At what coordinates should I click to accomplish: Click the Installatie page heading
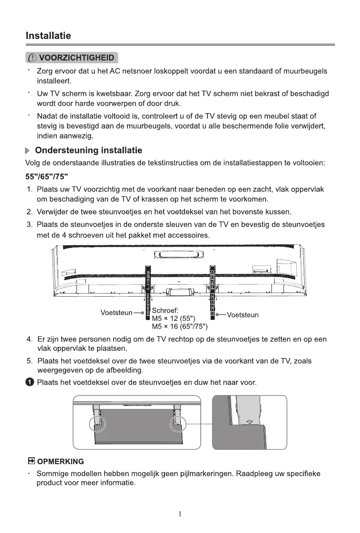tap(48, 35)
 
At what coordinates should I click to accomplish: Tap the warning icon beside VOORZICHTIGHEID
tap(33, 58)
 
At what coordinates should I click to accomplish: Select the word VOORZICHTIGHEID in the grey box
tap(76, 58)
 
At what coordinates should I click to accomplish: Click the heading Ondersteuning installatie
tap(89, 150)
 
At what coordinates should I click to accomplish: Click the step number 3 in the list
tap(29, 224)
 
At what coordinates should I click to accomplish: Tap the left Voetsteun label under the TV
tap(116, 312)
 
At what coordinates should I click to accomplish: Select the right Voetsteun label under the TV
tap(242, 315)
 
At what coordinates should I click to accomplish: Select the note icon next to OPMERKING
tap(31, 461)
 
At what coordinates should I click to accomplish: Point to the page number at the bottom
tap(180, 515)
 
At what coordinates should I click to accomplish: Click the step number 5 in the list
tap(29, 361)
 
